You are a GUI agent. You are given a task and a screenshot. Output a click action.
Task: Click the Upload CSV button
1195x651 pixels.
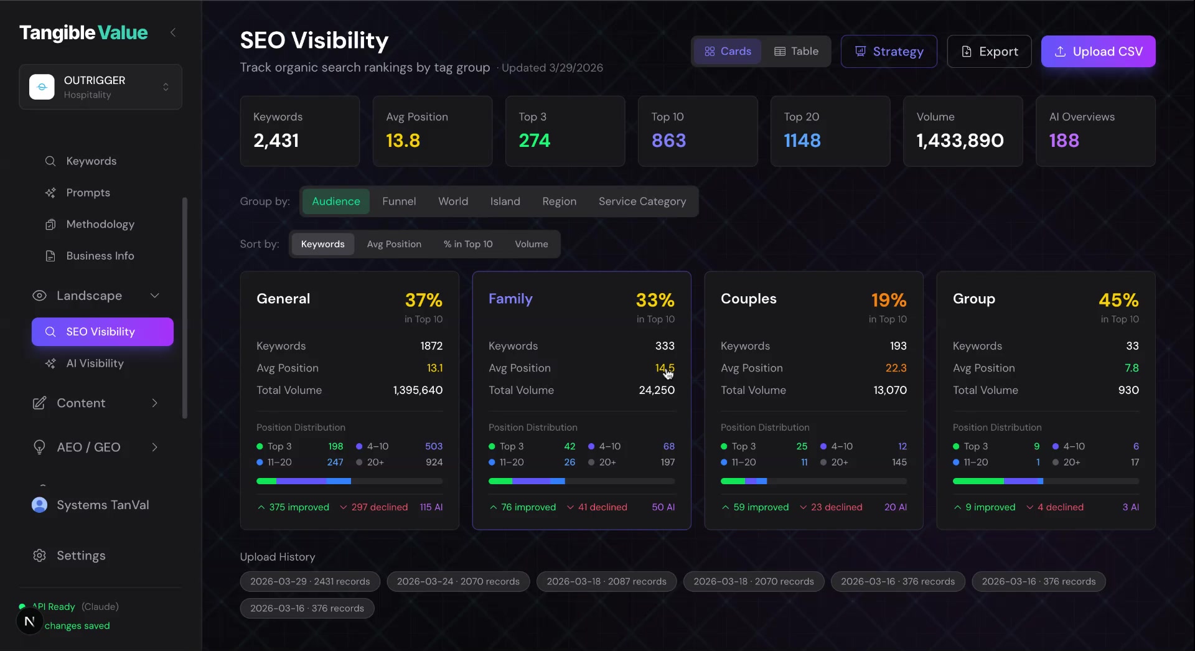(x=1098, y=52)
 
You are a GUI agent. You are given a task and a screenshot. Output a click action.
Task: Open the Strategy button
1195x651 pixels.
(x=889, y=52)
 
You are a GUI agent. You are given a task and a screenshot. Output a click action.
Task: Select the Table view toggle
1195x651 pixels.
(x=796, y=52)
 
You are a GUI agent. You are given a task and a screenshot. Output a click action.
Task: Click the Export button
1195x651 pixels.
(x=989, y=52)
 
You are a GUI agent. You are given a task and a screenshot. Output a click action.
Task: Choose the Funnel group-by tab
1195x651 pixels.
(x=399, y=202)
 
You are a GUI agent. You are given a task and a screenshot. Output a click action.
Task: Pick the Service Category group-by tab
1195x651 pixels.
(x=642, y=202)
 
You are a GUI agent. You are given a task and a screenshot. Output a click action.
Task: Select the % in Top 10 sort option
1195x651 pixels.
(x=467, y=244)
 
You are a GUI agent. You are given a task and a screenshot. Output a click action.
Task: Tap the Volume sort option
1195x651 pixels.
(x=531, y=244)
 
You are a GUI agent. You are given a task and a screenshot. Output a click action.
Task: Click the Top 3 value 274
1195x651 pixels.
(x=534, y=141)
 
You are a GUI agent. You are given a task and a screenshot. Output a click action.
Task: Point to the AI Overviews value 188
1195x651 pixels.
(x=1064, y=141)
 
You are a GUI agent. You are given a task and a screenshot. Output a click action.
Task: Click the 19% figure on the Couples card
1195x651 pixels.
(x=888, y=300)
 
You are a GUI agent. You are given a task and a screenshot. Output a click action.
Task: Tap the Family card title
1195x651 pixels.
(x=510, y=299)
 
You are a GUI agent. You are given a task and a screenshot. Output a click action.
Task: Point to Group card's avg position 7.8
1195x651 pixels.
(x=1131, y=368)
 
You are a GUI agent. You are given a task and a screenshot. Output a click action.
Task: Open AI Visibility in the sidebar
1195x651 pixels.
(x=95, y=363)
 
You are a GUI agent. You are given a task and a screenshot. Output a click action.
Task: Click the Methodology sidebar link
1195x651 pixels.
(x=100, y=224)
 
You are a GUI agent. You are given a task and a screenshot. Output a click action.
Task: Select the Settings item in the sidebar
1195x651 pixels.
(x=81, y=555)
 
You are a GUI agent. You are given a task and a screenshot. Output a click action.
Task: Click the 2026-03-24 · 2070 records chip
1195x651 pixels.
(x=458, y=581)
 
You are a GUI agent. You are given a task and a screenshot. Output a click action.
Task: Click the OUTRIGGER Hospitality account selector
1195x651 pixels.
(x=100, y=87)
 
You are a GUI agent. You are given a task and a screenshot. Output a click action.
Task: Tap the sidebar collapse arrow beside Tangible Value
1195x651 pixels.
(x=173, y=32)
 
